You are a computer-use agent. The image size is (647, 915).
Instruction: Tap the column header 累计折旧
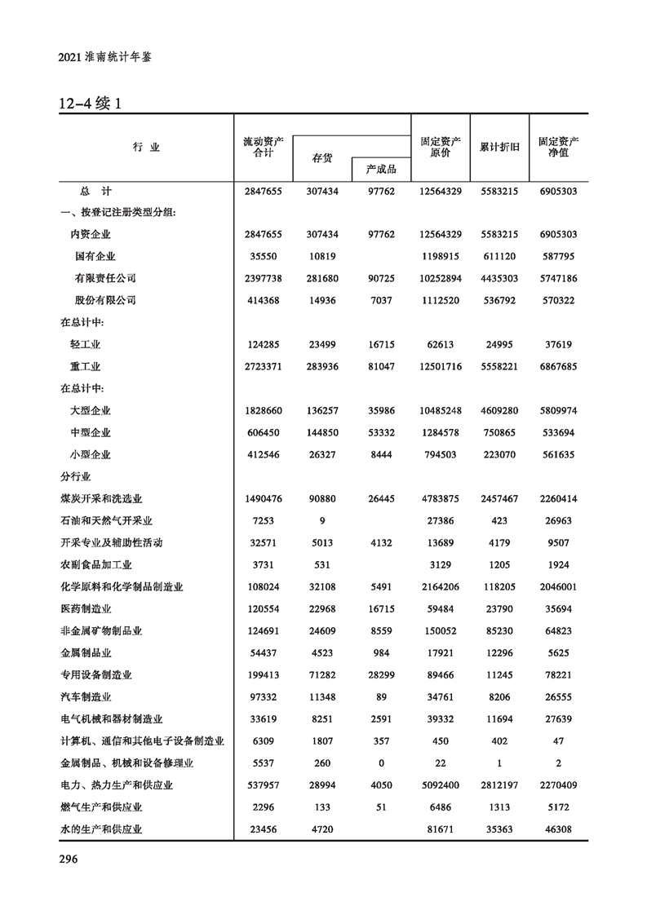pos(499,147)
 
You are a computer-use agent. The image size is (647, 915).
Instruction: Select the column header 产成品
pos(380,169)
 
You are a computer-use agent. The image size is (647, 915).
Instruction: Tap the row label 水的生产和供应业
pos(101,829)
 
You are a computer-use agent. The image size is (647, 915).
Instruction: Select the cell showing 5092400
pos(441,785)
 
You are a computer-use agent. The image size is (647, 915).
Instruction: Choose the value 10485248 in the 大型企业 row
pos(441,410)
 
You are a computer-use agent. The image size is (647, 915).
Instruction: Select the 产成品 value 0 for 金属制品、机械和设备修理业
pos(380,762)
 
